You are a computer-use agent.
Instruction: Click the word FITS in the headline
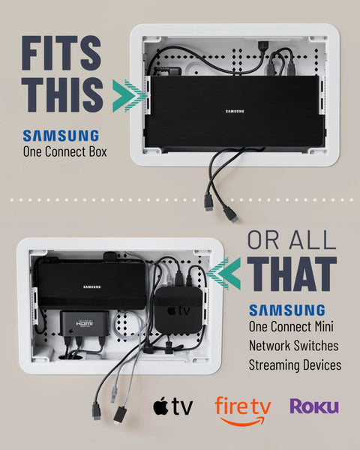61,53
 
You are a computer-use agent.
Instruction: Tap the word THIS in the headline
62,94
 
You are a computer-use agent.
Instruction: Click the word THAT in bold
292,274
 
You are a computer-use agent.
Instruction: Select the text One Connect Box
65,151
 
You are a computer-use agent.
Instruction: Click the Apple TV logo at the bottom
172,406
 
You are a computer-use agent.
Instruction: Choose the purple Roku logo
314,406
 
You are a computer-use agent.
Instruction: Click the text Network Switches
294,346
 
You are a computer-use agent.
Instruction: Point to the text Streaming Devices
295,365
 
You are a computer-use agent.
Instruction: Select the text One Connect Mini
291,326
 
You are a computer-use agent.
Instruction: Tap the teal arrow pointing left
223,273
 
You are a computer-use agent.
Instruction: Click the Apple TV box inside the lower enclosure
178,310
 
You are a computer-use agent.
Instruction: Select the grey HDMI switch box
85,323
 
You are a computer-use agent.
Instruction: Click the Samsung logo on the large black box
235,111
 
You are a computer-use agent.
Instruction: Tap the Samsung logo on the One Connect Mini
91,286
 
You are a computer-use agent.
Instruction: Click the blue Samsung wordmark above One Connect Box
61,136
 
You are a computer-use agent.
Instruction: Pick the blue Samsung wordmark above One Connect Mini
287,310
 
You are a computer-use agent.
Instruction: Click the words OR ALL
292,240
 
